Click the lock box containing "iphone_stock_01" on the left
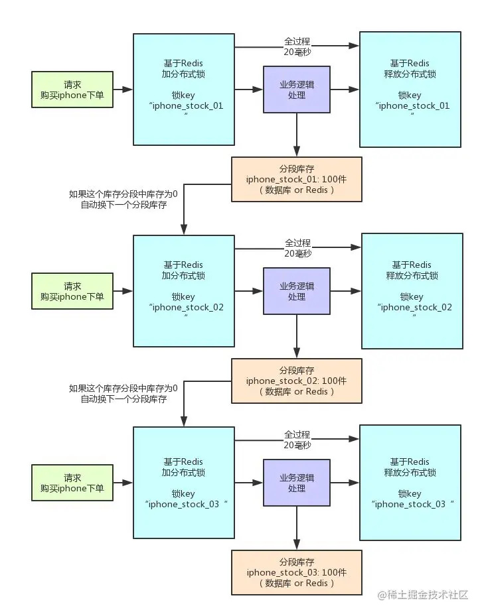[184, 90]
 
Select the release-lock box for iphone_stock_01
[410, 90]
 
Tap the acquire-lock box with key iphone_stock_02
[184, 291]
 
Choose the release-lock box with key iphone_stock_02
[412, 291]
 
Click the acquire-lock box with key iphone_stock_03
[184, 482]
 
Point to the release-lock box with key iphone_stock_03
[410, 482]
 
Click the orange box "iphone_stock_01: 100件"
[296, 179]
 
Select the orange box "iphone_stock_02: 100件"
[296, 381]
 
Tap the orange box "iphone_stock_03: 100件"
[296, 572]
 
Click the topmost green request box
[72, 90]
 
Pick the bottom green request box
[72, 482]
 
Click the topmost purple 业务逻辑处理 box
[296, 90]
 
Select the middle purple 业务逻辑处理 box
[296, 291]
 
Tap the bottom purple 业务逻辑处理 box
[296, 482]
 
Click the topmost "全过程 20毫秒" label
[297, 46]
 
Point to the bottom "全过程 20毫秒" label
[297, 440]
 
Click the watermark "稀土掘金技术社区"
[423, 595]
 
